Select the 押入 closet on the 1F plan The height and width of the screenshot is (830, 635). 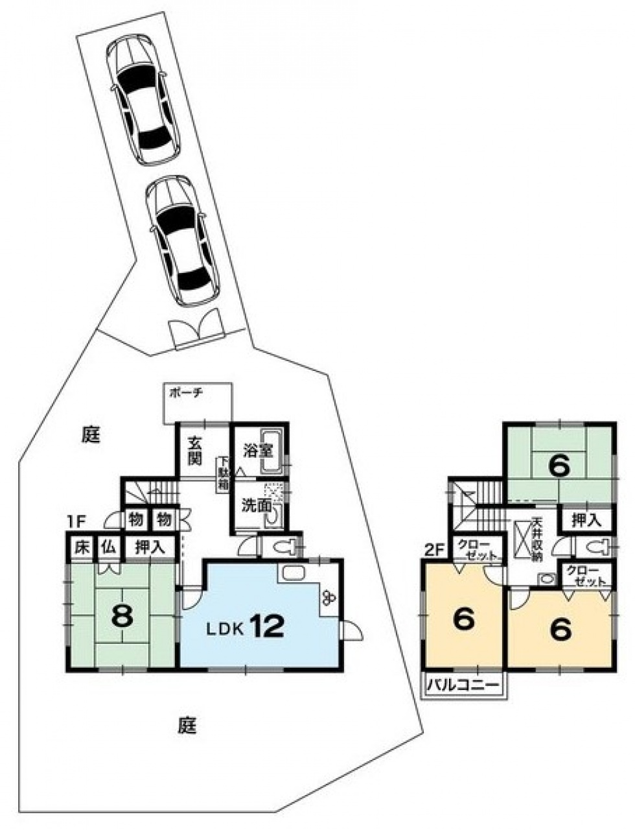(150, 549)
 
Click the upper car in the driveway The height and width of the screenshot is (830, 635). (143, 100)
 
